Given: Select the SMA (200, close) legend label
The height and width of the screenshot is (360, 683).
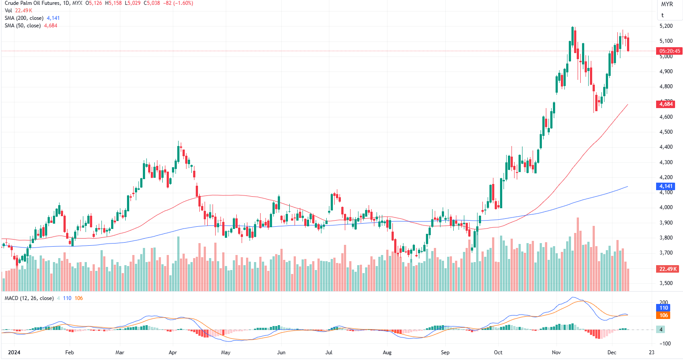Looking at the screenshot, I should click(24, 18).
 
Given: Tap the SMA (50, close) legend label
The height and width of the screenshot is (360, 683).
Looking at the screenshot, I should click(22, 26).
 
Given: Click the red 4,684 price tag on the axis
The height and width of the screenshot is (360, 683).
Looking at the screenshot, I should click(666, 104).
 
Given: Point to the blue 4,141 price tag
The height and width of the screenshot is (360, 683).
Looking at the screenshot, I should click(666, 186).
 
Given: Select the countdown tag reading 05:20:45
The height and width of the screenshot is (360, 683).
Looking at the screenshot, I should click(670, 51).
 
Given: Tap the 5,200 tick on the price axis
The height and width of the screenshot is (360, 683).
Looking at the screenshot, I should click(666, 26).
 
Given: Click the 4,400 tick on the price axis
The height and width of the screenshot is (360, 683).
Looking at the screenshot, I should click(666, 147).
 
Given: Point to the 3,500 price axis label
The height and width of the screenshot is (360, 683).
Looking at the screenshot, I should click(666, 283).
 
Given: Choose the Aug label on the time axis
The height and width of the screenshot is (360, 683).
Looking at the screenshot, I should click(387, 352).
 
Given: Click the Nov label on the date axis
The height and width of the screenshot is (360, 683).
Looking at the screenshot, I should click(556, 352).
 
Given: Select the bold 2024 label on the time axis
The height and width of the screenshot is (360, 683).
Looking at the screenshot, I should click(15, 352).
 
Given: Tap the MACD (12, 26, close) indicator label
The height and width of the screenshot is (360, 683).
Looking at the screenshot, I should click(29, 298).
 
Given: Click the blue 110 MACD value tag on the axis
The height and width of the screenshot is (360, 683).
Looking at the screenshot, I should click(664, 308).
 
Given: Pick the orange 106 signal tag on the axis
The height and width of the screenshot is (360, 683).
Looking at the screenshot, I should click(664, 315).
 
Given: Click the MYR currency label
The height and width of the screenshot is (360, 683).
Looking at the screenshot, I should click(667, 4).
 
